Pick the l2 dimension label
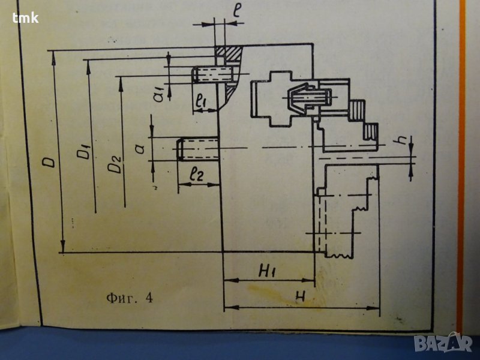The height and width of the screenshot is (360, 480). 196,176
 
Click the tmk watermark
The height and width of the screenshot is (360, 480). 25,17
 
